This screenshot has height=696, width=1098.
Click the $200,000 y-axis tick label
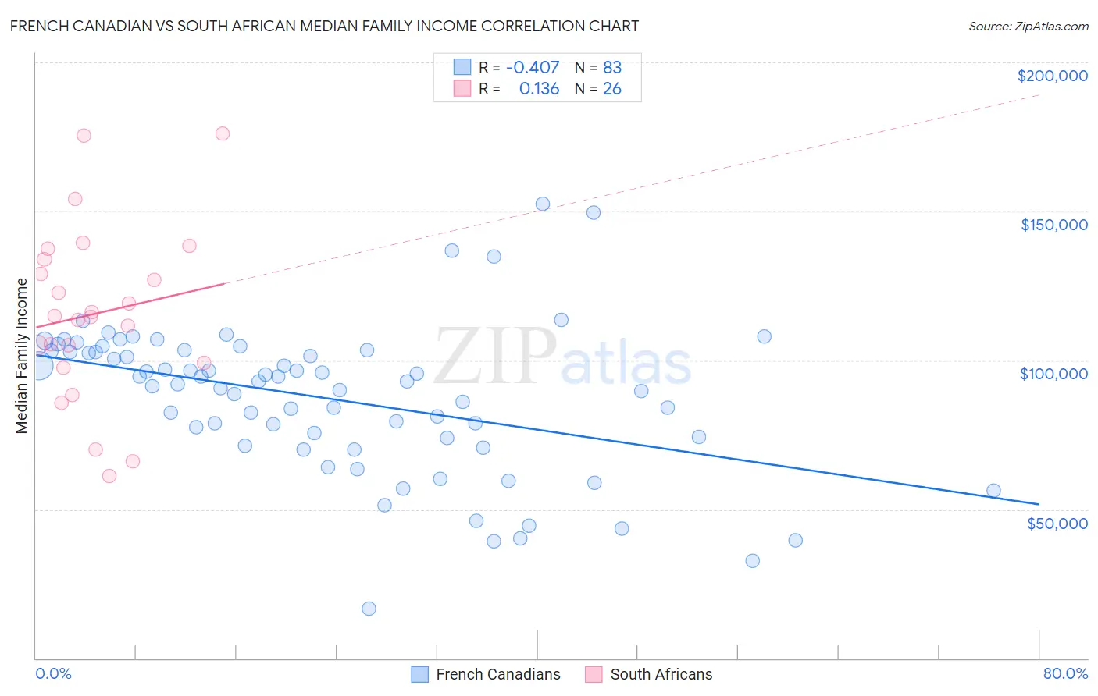[x=1052, y=76]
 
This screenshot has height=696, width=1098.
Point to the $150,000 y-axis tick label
[x=1053, y=225]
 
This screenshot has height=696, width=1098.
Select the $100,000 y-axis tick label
[x=1053, y=374]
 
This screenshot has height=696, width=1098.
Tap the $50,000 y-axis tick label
[x=1057, y=523]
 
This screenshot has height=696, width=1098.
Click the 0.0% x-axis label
[x=53, y=674]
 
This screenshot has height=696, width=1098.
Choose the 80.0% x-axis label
[x=1065, y=674]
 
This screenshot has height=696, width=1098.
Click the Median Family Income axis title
[x=21, y=356]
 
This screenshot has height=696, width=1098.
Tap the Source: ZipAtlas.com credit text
[x=1028, y=27]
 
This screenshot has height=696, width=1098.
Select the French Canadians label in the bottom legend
[x=498, y=674]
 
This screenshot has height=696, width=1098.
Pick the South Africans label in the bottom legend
[x=661, y=674]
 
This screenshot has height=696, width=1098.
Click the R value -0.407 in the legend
[x=533, y=67]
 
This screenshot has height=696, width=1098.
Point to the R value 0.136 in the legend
[x=539, y=89]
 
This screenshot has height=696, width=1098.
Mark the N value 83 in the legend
[x=612, y=67]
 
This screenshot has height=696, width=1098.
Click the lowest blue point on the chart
[x=369, y=609]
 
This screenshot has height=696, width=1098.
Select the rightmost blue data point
[x=993, y=491]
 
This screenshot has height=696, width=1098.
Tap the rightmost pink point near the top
[x=223, y=133]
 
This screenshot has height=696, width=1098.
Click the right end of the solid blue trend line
[x=1039, y=504]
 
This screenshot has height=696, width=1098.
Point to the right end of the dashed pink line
[x=1039, y=95]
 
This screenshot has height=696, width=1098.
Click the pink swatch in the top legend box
[x=462, y=89]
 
